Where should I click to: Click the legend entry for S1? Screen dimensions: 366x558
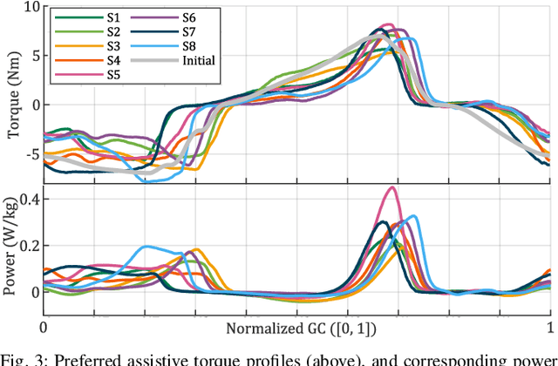(x=103, y=17)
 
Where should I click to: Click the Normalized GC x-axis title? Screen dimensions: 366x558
(x=296, y=329)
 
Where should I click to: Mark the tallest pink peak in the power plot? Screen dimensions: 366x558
(x=392, y=187)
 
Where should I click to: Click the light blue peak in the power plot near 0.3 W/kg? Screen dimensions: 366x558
(x=413, y=216)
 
